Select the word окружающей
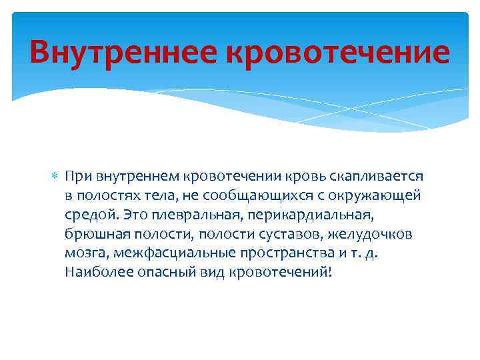pyautogui.click(x=381, y=196)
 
